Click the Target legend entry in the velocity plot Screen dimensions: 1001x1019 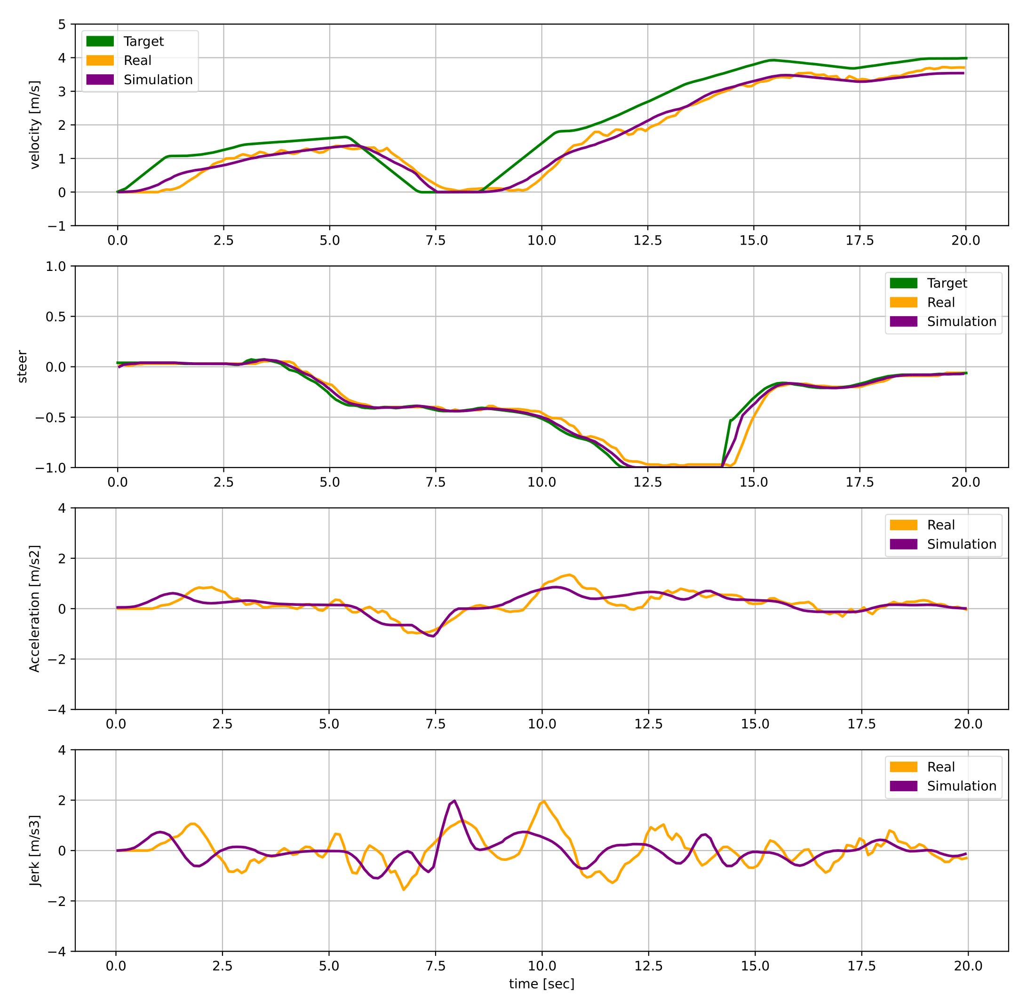[143, 41]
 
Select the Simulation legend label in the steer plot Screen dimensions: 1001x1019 [961, 321]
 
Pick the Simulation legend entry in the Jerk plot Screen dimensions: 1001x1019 [961, 786]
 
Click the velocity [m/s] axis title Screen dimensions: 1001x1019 [35, 125]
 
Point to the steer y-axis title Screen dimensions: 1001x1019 [22, 366]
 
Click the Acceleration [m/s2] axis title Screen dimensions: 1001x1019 [35, 608]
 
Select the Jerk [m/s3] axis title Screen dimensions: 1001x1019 [35, 850]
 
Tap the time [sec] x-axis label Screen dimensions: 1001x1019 [541, 984]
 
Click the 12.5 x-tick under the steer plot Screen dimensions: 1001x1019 [647, 482]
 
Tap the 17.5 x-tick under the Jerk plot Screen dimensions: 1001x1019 [861, 966]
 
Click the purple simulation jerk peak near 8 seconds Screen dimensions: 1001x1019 [454, 801]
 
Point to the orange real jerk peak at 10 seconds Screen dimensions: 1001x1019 [544, 801]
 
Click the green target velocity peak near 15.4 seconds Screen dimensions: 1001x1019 [772, 60]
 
